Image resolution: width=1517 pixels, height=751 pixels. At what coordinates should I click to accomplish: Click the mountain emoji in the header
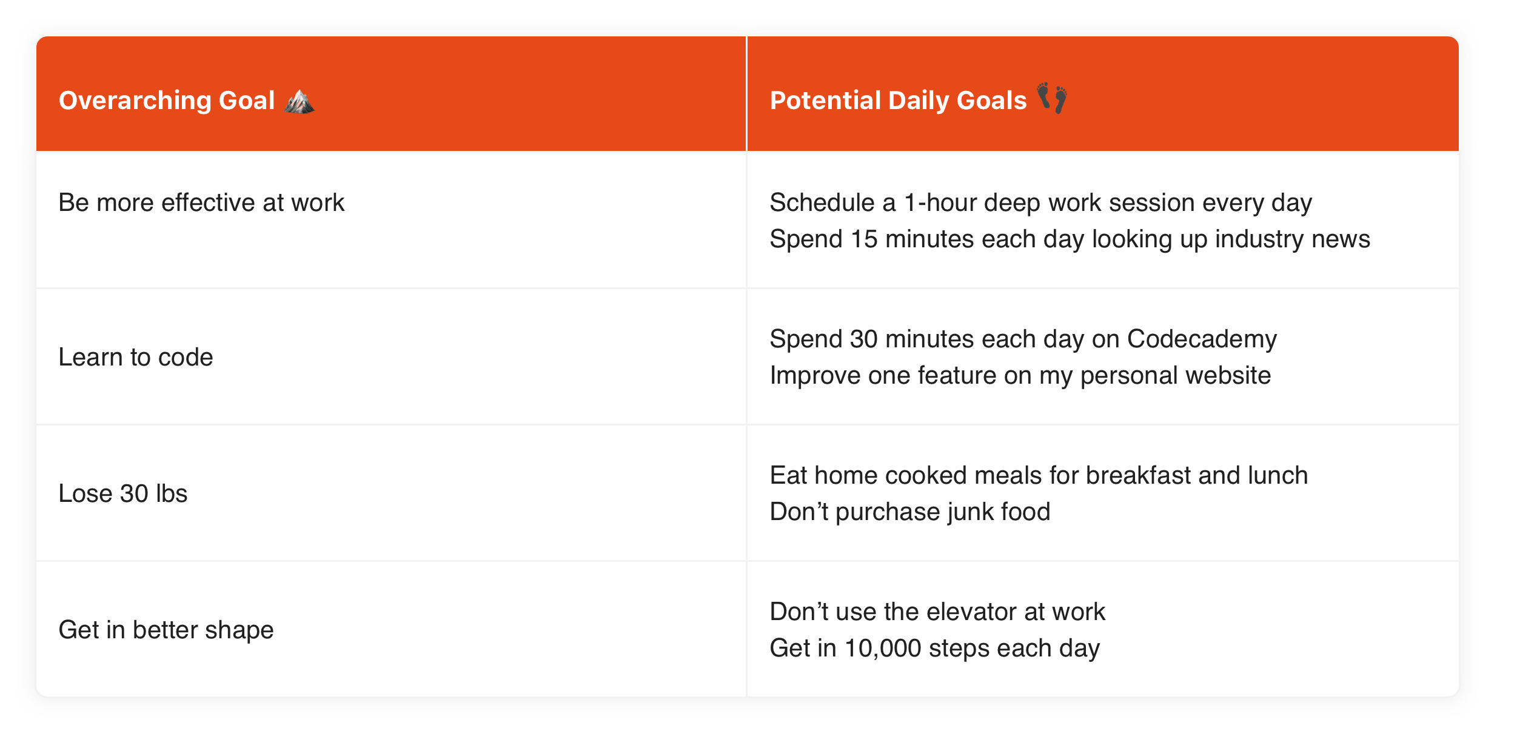[x=300, y=101]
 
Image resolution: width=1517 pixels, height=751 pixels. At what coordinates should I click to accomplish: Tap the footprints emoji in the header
[x=1052, y=98]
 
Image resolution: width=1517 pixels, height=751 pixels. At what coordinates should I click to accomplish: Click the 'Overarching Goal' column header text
[x=167, y=101]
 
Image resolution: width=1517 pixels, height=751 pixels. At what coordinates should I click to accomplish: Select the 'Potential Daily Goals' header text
[x=898, y=101]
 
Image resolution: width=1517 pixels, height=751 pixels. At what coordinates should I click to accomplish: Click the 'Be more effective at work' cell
[x=201, y=203]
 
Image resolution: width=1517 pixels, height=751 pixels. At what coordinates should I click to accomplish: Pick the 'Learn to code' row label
[x=136, y=358]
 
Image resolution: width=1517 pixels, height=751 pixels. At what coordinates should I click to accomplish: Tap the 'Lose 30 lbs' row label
[x=123, y=494]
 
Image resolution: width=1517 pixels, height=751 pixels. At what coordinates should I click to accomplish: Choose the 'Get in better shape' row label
[x=166, y=630]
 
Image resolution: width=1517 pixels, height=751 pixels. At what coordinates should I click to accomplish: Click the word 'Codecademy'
[x=1202, y=339]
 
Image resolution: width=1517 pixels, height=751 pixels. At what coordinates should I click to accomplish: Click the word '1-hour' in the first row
[x=940, y=203]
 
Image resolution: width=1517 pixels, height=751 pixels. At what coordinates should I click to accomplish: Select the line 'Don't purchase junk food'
[x=909, y=512]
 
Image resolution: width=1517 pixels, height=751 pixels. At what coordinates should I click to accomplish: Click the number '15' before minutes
[x=864, y=239]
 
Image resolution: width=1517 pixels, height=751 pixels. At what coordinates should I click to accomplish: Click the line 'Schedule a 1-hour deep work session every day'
[x=1040, y=203]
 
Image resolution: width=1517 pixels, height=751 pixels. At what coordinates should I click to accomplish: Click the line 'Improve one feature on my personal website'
[x=1020, y=376]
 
